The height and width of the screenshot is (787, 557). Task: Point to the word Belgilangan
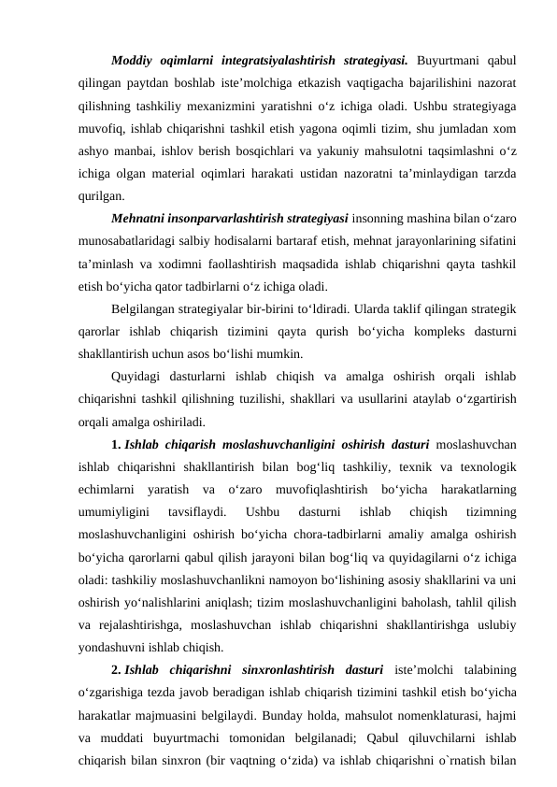[145, 310]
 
